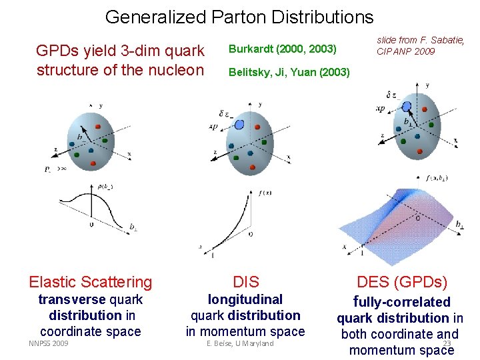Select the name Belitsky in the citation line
click(x=249, y=72)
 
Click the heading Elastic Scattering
click(x=91, y=283)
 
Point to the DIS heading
click(x=246, y=282)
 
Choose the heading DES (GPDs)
click(x=402, y=282)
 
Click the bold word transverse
click(x=72, y=300)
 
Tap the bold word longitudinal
click(x=245, y=300)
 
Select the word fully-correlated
click(x=401, y=302)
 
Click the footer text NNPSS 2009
click(x=49, y=343)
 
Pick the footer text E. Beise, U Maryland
click(x=240, y=343)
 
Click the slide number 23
click(x=447, y=344)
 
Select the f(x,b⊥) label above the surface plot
click(x=436, y=178)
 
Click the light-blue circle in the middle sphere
click(x=240, y=123)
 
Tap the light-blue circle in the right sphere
click(x=405, y=105)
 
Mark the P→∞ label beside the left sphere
click(x=55, y=169)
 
